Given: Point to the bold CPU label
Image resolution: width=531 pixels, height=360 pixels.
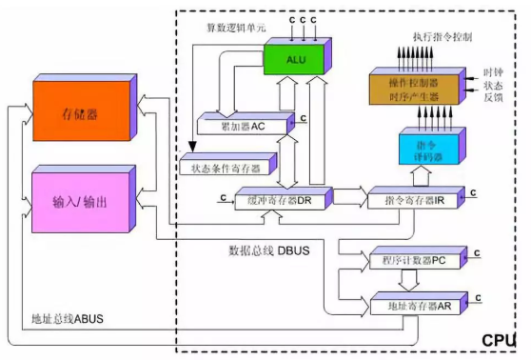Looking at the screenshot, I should tap(498, 340).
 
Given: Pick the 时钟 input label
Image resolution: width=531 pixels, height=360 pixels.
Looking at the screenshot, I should tap(493, 72).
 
